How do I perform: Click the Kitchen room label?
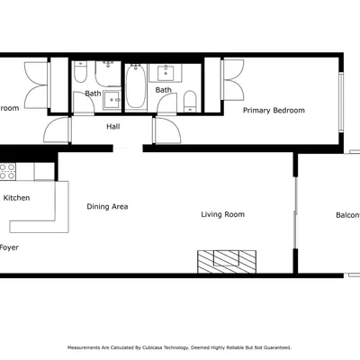click(16, 197)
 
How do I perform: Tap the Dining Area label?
click(107, 206)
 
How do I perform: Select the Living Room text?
click(222, 214)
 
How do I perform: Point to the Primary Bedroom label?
click(274, 110)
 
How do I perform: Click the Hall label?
click(113, 127)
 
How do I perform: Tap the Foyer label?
click(9, 247)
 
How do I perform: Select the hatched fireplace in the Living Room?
click(228, 260)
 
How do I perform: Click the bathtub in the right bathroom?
click(134, 86)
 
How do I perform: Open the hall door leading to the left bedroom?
click(58, 130)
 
